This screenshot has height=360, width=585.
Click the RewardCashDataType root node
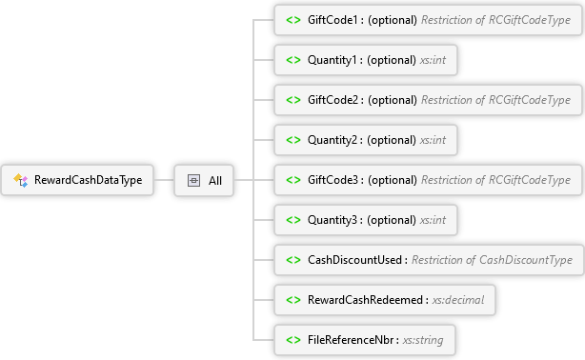(x=77, y=180)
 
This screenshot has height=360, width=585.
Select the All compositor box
(x=204, y=181)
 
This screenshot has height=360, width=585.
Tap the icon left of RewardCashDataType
(x=21, y=180)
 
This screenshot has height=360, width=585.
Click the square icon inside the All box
(x=193, y=181)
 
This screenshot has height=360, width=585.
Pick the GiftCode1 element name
(x=333, y=20)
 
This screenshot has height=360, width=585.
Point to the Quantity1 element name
(x=333, y=60)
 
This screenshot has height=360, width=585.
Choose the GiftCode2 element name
(x=333, y=100)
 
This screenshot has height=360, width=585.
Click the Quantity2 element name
(x=333, y=140)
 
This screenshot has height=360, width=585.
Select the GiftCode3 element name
(x=333, y=180)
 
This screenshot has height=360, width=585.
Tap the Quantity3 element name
(x=333, y=220)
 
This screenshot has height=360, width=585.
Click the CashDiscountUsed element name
(x=354, y=260)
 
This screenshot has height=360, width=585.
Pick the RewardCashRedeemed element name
(x=365, y=300)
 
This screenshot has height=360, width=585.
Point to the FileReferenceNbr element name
(x=351, y=340)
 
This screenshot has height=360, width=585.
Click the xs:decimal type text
(x=457, y=300)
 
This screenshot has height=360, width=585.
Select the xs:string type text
(x=423, y=340)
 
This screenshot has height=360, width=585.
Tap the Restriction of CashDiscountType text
(x=492, y=260)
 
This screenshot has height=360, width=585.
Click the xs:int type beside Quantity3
(x=433, y=220)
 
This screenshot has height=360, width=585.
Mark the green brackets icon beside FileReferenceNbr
(x=293, y=340)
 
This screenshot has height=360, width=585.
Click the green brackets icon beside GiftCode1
(x=293, y=20)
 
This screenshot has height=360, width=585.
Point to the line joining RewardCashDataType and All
(x=164, y=180)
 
